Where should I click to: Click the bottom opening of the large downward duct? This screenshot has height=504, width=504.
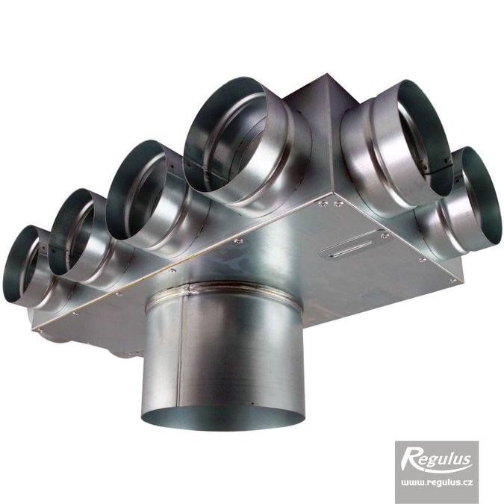[x=223, y=417]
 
